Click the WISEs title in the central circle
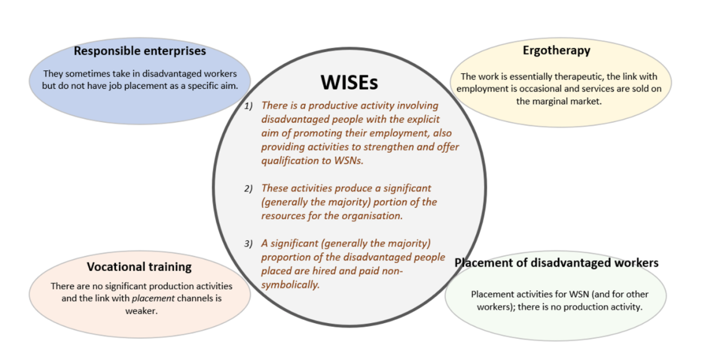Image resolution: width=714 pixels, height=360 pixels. click(349, 82)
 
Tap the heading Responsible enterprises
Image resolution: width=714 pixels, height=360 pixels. click(140, 51)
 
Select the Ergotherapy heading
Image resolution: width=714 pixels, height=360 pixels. click(557, 51)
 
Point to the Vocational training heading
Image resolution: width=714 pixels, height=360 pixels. click(139, 267)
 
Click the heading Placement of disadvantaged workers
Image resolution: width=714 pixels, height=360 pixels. click(557, 263)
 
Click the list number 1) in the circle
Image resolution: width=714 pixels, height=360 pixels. click(248, 106)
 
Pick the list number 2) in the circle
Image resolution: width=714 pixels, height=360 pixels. click(248, 189)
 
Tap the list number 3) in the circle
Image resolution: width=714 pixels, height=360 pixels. click(248, 244)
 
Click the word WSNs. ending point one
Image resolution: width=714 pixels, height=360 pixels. click(349, 160)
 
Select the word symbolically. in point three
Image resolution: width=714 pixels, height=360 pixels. click(291, 285)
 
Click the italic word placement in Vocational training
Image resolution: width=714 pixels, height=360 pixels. click(153, 299)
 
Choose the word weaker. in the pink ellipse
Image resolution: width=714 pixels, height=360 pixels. click(141, 311)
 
